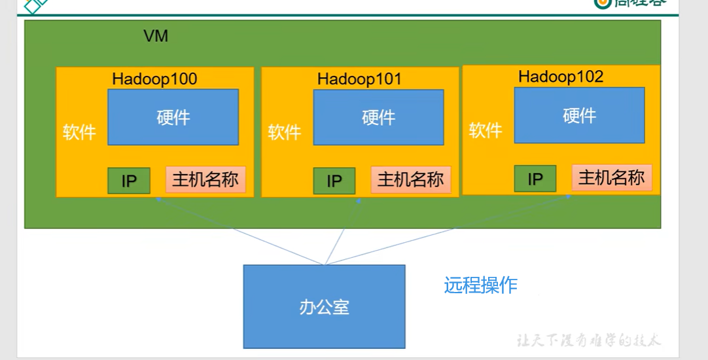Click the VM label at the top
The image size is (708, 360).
coord(156,36)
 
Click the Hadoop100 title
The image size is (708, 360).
coord(154,79)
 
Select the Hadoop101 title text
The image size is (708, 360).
coord(359,79)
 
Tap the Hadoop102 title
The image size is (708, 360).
coord(561,77)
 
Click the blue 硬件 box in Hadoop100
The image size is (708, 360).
coord(173,117)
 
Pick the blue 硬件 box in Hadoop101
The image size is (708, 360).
coord(378,117)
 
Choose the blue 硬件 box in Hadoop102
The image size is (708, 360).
coord(579,115)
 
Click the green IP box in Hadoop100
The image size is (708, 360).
coord(129,181)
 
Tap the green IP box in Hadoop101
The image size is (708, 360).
coord(334,181)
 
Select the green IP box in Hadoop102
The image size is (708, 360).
coord(535,179)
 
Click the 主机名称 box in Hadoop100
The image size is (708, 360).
coord(205,179)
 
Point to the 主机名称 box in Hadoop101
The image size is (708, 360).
coord(411,179)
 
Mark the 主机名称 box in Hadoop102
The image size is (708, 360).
coord(612,177)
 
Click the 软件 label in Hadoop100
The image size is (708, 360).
coord(79,132)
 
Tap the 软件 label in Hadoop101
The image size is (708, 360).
coord(285,132)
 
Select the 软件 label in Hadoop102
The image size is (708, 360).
coord(486,130)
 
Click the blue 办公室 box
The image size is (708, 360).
coord(324,306)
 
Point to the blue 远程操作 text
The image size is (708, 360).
coord(481,285)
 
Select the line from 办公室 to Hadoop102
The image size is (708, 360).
coord(445,230)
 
